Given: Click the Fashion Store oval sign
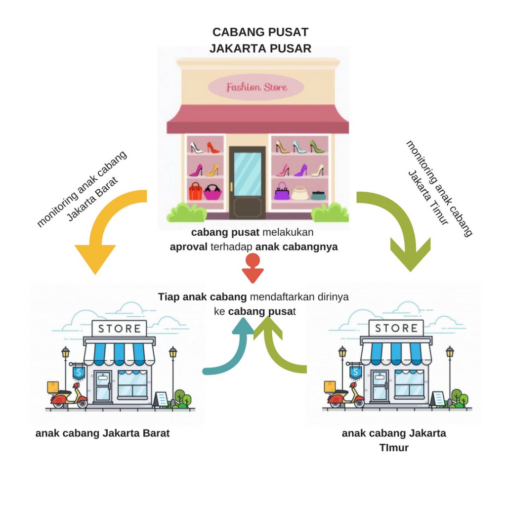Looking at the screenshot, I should point(256,87).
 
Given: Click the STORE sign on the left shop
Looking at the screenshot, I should point(119,328).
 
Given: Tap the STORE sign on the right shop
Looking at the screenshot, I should point(396,328).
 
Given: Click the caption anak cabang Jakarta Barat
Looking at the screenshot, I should point(102,433).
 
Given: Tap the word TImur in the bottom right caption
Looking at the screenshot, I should point(394,448).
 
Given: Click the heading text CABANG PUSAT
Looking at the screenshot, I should point(260,32).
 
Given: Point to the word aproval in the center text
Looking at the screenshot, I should point(188,247).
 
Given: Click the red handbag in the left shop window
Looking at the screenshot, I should point(195,192).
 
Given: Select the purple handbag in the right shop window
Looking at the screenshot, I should point(282,192).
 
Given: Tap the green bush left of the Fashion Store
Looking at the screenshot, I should point(187,213).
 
